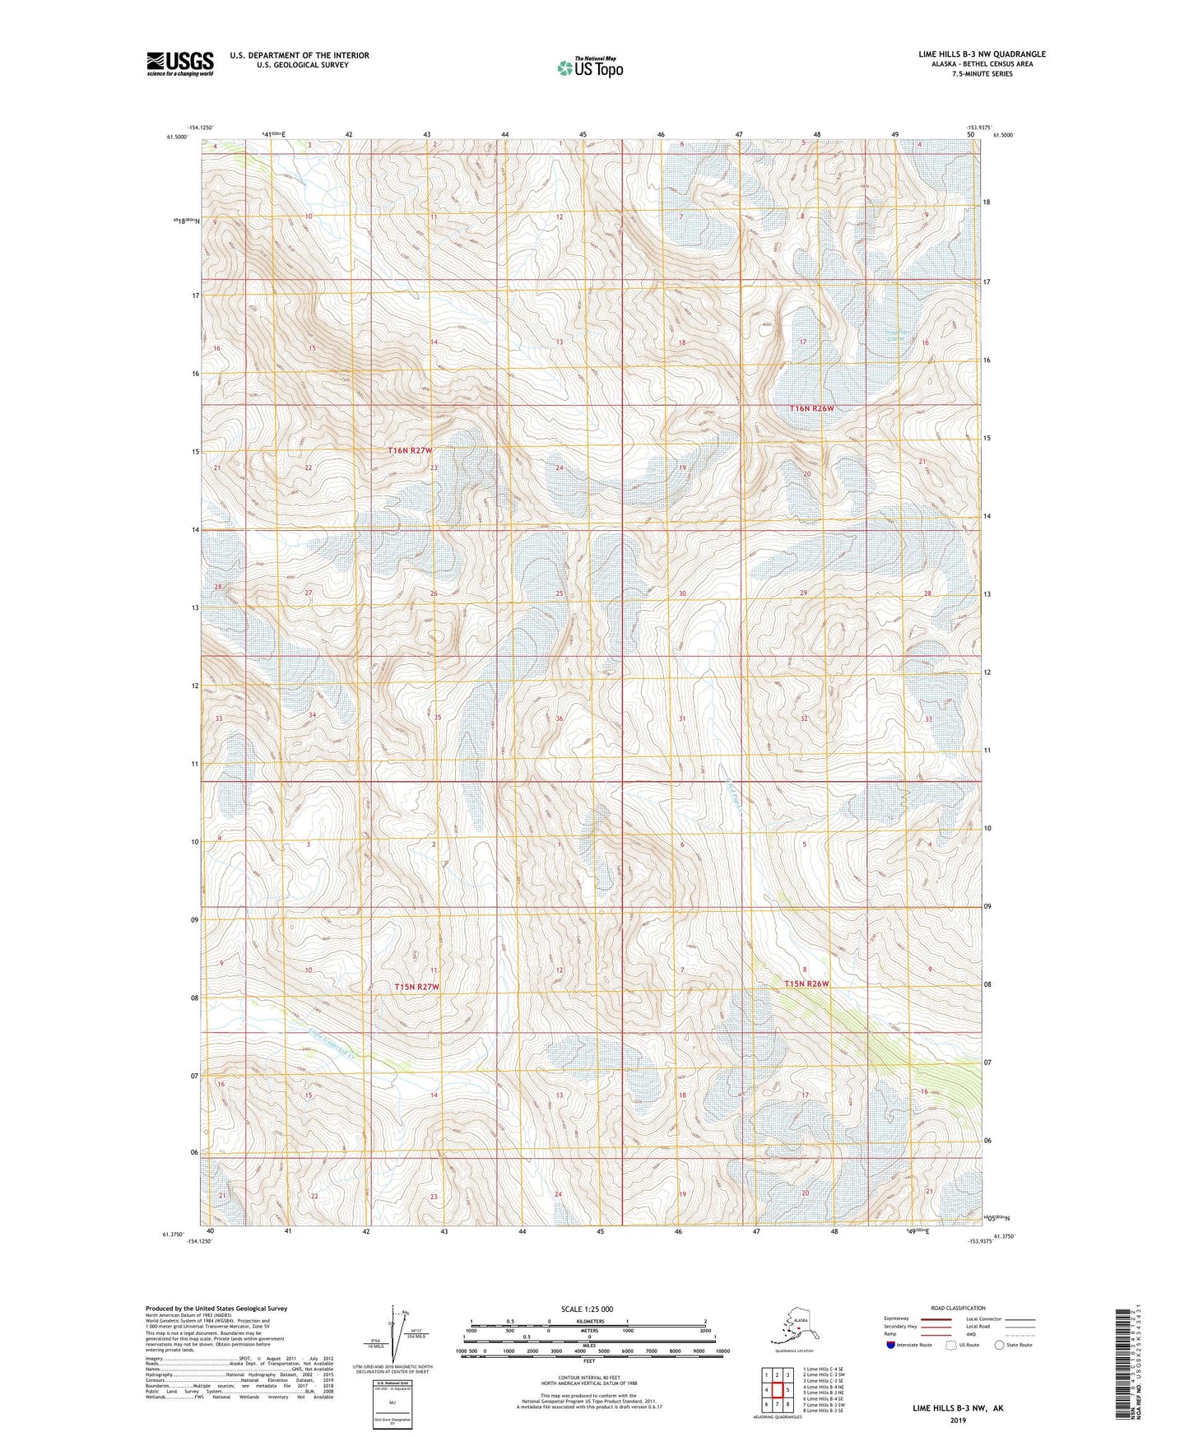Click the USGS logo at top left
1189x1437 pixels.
tap(179, 63)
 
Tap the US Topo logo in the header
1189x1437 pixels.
tap(589, 67)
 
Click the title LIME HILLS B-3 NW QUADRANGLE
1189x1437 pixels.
tap(982, 54)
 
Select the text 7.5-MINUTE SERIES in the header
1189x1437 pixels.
tap(982, 74)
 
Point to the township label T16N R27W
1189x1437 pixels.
tap(410, 451)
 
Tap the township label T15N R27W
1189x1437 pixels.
tap(416, 986)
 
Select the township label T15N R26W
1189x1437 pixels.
tap(807, 984)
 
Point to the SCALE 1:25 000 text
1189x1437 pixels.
tap(587, 1309)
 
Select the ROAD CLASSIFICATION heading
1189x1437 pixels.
tap(958, 1308)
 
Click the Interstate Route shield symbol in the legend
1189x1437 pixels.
tap(891, 1345)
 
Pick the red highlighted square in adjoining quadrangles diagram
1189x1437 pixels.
tap(776, 1390)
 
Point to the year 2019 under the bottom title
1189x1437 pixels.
tap(957, 1420)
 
